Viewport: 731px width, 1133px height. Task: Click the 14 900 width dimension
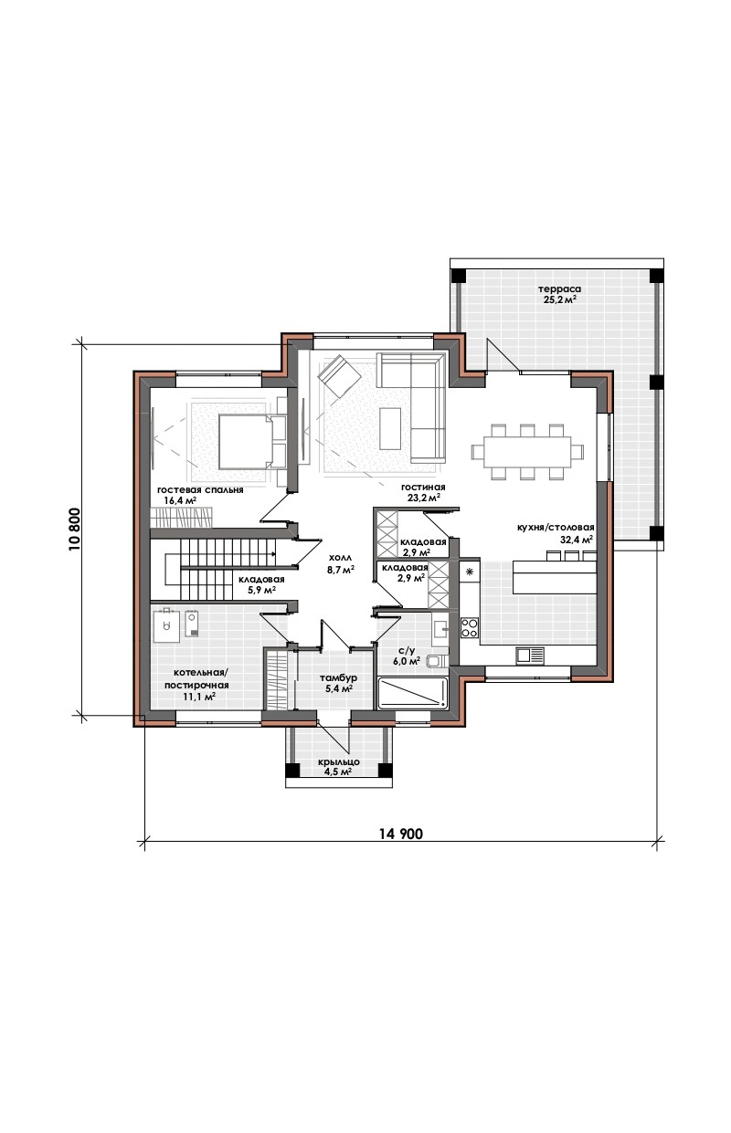[400, 833]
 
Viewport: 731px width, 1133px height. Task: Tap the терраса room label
[559, 294]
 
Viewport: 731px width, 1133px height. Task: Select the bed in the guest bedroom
[246, 442]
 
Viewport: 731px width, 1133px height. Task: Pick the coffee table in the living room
[391, 428]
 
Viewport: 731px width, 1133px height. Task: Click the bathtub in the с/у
[413, 693]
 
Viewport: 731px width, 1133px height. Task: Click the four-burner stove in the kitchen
[470, 628]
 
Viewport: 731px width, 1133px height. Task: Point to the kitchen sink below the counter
[530, 656]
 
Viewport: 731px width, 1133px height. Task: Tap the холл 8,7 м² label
[341, 563]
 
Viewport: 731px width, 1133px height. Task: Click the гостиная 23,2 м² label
[423, 492]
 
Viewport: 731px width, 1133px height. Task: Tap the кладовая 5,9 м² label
[261, 584]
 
